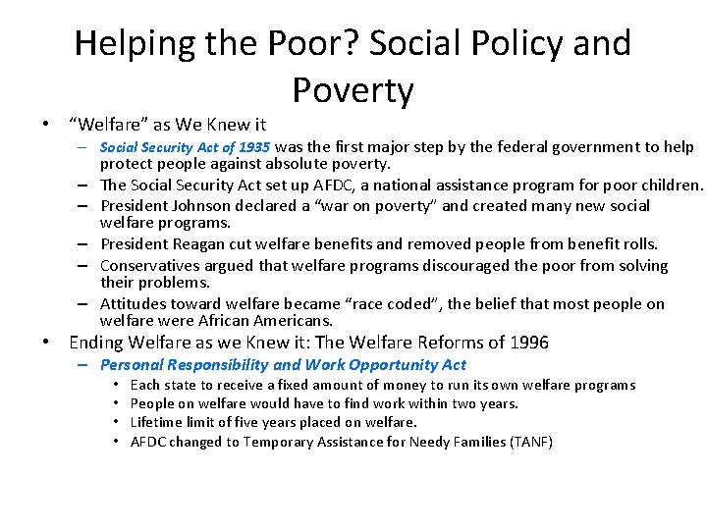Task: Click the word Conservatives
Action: pos(152,266)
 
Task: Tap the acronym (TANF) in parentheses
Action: pos(531,442)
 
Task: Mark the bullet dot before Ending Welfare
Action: pos(45,344)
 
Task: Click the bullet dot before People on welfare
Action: pos(116,403)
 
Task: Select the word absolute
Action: pos(297,164)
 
